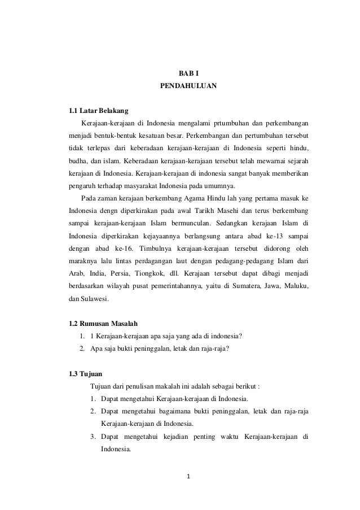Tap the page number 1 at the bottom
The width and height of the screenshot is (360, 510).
188,480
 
